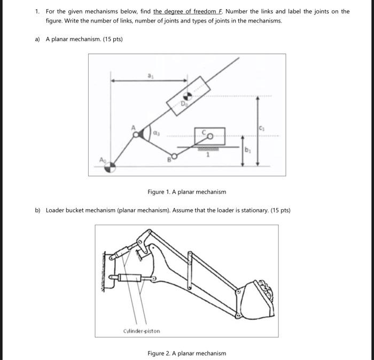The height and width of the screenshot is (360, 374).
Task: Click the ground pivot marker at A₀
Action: [109, 167]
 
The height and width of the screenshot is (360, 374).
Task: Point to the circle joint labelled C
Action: [210, 137]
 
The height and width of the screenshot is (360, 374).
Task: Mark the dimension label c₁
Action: [262, 127]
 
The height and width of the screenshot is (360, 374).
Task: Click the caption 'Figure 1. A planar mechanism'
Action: [186, 192]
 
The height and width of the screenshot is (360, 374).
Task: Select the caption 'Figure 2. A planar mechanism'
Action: [186, 353]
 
